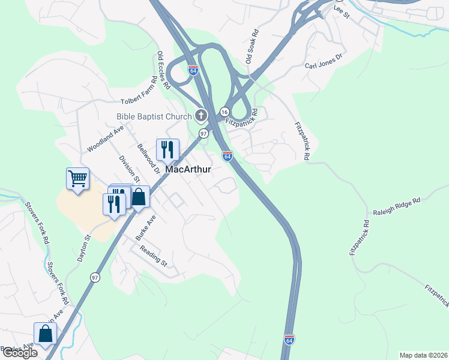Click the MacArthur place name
pyautogui.click(x=188, y=169)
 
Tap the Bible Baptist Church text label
pyautogui.click(x=154, y=116)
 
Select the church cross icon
pyautogui.click(x=201, y=115)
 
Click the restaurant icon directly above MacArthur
pyautogui.click(x=167, y=149)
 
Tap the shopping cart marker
pyautogui.click(x=77, y=178)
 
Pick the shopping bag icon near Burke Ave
pyautogui.click(x=139, y=196)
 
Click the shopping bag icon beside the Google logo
pyautogui.click(x=45, y=333)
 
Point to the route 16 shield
pyautogui.click(x=223, y=112)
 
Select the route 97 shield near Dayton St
pyautogui.click(x=95, y=277)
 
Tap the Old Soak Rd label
pyautogui.click(x=252, y=47)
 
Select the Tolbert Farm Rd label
pyautogui.click(x=130, y=96)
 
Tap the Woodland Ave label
pyautogui.click(x=105, y=139)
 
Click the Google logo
pyautogui.click(x=20, y=353)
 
